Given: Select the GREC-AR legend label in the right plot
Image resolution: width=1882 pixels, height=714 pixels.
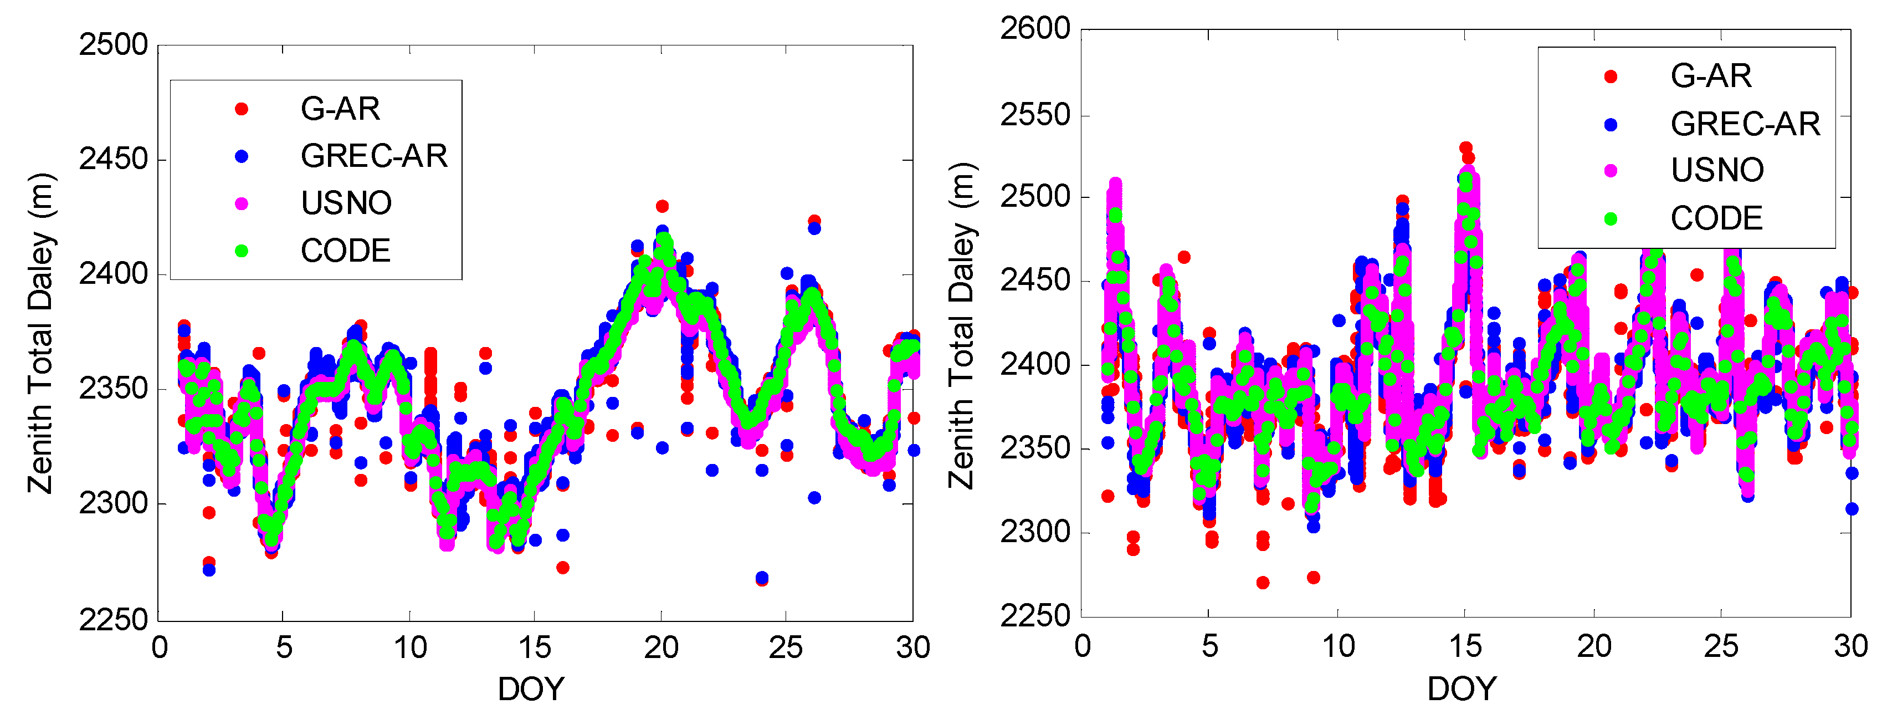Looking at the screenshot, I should (1745, 124).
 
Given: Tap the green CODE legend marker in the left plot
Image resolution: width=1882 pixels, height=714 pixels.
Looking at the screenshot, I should (241, 251).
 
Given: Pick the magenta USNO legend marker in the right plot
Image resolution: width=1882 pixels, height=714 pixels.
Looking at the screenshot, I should (1610, 170).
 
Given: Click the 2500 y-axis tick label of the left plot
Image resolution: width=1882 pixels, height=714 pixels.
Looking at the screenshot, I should (113, 45).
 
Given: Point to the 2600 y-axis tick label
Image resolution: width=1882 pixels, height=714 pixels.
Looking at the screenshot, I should (1034, 29).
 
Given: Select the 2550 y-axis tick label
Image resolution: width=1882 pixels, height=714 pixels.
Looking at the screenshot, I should (1034, 115).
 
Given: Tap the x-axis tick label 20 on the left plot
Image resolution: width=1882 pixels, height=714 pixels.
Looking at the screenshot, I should (660, 648).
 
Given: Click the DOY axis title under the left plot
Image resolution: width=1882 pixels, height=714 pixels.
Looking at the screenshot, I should (531, 688).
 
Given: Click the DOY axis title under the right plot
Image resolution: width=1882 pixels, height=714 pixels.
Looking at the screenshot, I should (1462, 688).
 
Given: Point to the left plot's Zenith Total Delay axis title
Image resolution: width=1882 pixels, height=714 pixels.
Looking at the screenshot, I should (41, 333).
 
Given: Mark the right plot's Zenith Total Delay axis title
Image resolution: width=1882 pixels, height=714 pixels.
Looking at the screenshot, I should (961, 325).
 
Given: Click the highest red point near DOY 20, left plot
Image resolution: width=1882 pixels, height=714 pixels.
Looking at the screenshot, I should (662, 206).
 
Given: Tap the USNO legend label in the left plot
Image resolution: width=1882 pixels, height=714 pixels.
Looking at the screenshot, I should (346, 203).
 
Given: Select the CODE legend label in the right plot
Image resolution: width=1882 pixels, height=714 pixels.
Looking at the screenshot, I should (1716, 218).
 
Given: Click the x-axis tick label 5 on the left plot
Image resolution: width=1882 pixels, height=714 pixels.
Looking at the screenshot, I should (284, 648).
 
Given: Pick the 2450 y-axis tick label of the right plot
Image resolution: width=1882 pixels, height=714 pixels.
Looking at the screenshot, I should (1034, 280).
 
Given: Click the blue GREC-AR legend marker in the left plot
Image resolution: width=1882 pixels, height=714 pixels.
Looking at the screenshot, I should (241, 156).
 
